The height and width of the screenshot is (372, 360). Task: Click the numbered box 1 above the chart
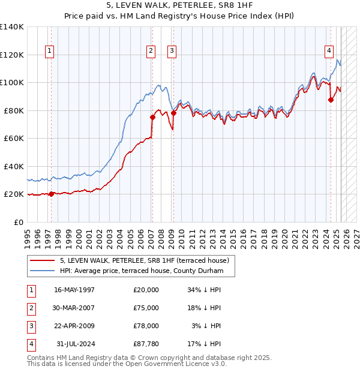[49, 51]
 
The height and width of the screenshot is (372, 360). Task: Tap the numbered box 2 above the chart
[151, 51]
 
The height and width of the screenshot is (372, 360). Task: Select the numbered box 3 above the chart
[172, 51]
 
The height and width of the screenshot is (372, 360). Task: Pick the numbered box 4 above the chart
[329, 51]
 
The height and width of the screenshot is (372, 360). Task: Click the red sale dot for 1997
[52, 194]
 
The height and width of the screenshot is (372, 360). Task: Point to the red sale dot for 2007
[152, 118]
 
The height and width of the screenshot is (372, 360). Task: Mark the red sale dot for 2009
[173, 113]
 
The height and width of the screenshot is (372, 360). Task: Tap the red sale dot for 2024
[331, 100]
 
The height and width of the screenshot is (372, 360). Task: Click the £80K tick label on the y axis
[13, 110]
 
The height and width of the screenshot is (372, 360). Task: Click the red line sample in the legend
[44, 260]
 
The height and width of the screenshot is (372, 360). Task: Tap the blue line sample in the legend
[44, 271]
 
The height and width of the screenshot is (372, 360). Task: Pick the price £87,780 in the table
[146, 344]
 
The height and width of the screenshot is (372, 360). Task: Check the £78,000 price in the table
[146, 326]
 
